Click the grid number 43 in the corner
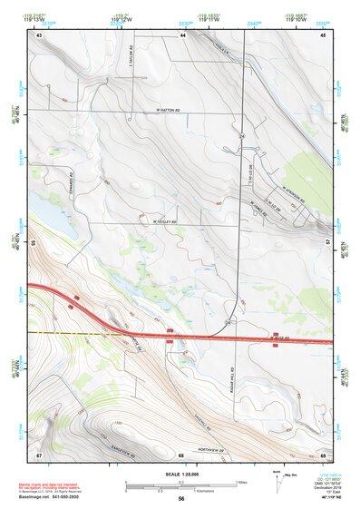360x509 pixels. pyautogui.click(x=40, y=34)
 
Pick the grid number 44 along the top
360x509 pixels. pyautogui.click(x=182, y=34)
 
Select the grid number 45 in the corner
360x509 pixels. pyautogui.click(x=323, y=34)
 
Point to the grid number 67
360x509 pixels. pyautogui.click(x=39, y=454)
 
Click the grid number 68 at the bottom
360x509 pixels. pyautogui.click(x=181, y=454)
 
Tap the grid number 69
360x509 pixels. pyautogui.click(x=323, y=454)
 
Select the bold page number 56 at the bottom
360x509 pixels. pyautogui.click(x=181, y=499)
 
